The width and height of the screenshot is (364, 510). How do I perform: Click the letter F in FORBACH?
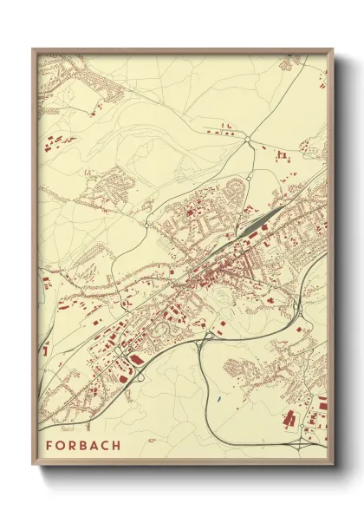coord(49,445)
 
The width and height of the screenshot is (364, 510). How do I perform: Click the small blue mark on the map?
coord(220,398)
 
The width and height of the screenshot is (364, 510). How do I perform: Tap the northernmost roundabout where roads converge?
coord(248,139)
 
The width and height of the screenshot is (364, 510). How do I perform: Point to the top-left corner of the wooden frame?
coord(33,49)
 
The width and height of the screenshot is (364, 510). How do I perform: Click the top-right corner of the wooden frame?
coord(333,49)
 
